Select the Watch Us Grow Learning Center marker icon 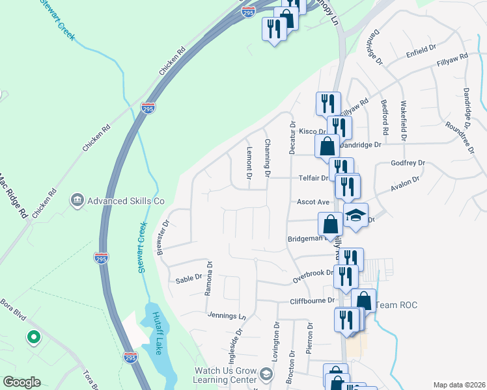(266, 374)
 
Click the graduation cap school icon (355, 215)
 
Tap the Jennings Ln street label (227, 316)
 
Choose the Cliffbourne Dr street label (312, 301)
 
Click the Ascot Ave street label (310, 201)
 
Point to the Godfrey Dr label (408, 163)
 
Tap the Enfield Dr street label (421, 49)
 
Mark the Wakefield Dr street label (404, 121)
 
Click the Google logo (21, 382)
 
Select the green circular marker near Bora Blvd (33, 337)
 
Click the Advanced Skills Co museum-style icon (77, 199)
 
